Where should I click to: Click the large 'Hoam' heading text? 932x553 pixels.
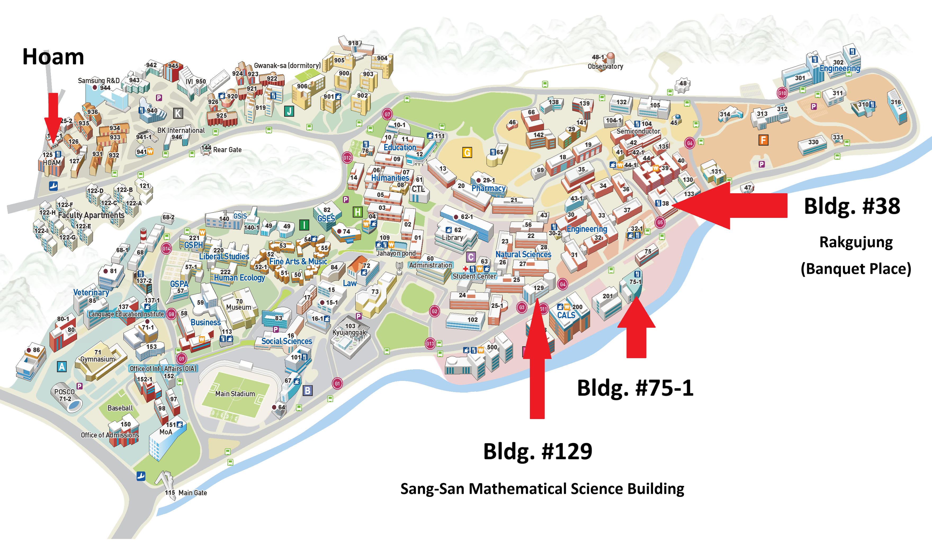(53, 57)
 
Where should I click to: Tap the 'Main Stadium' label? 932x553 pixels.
(235, 394)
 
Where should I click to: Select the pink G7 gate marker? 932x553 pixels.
(387, 114)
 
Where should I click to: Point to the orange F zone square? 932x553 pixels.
(763, 140)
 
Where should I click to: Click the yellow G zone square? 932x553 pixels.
(467, 152)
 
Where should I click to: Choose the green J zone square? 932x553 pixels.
(289, 111)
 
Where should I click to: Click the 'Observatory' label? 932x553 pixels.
(605, 67)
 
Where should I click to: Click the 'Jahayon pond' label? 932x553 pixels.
(396, 253)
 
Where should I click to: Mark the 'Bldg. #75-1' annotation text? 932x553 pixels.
(635, 388)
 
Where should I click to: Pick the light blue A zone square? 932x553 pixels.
(62, 367)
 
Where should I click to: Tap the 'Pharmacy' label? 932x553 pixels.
(488, 188)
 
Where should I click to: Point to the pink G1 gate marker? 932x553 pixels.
(337, 384)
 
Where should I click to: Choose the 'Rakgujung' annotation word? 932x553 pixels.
(855, 242)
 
